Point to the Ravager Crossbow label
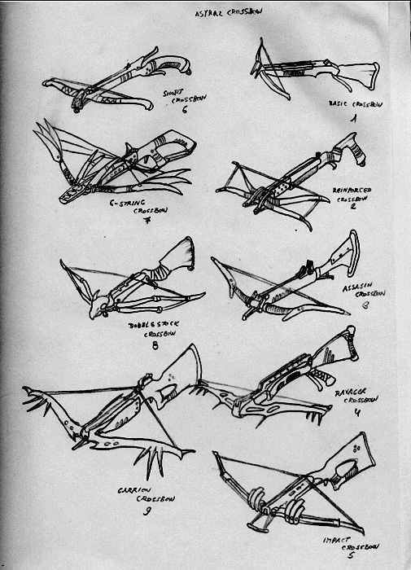354,396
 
